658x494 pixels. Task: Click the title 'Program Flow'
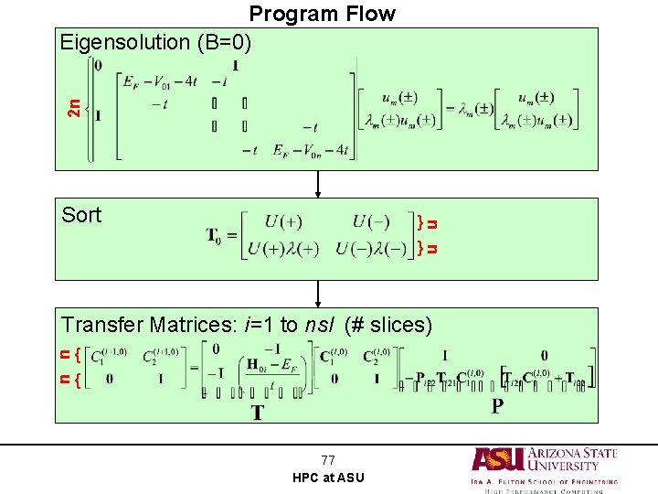pyautogui.click(x=322, y=14)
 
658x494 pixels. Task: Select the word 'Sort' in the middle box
pyautogui.click(x=81, y=215)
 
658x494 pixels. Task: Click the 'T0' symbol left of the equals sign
pyautogui.click(x=217, y=236)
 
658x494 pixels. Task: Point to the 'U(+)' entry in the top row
pyautogui.click(x=283, y=222)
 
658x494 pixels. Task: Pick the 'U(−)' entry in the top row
pyautogui.click(x=371, y=222)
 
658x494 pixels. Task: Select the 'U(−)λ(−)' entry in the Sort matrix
pyautogui.click(x=371, y=249)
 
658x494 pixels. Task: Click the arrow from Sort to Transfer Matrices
pyautogui.click(x=318, y=294)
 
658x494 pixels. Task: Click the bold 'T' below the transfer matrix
pyautogui.click(x=258, y=413)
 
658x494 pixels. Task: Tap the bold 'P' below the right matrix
pyautogui.click(x=497, y=405)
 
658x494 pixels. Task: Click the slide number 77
pyautogui.click(x=328, y=460)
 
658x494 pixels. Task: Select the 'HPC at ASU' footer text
pyautogui.click(x=328, y=478)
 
